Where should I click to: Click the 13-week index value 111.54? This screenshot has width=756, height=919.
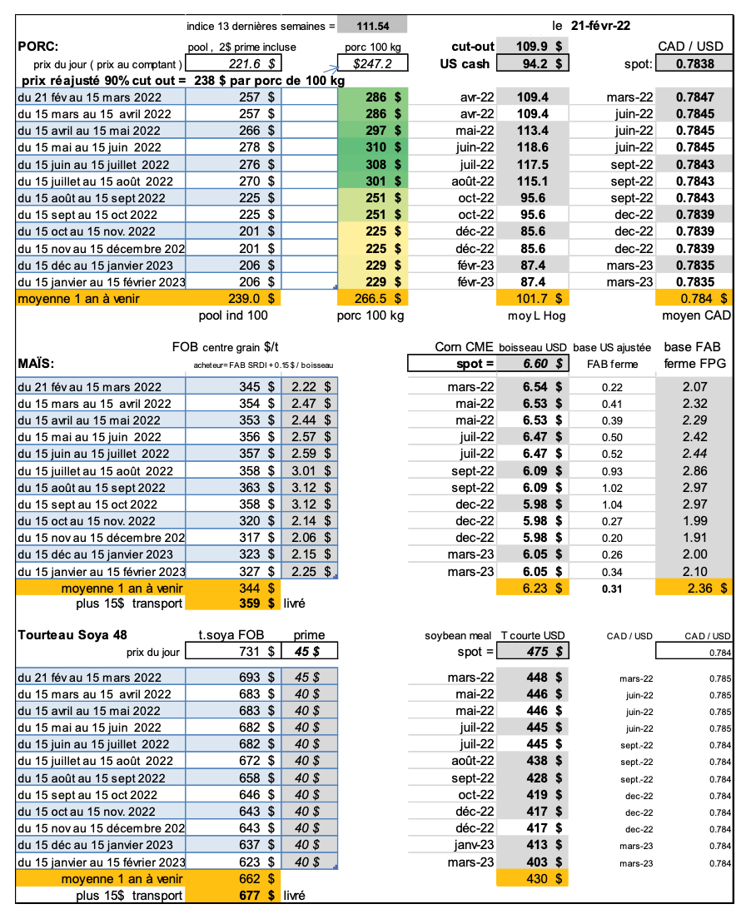tap(371, 27)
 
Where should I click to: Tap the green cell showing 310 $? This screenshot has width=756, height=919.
tap(383, 147)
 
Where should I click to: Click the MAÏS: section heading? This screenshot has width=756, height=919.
tap(37, 364)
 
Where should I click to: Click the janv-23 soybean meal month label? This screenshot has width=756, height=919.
tap(475, 845)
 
